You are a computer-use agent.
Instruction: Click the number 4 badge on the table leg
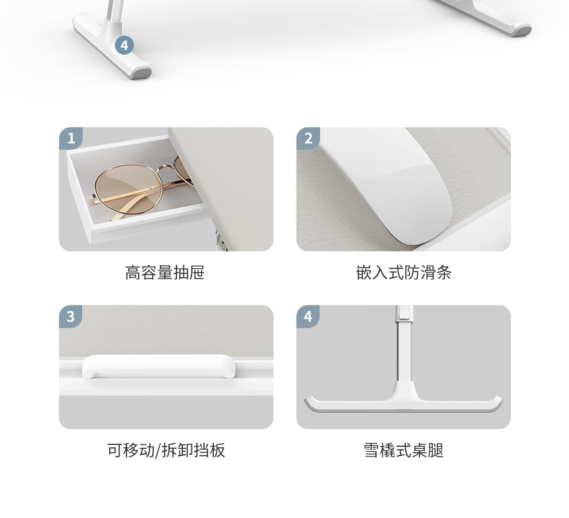click(x=124, y=45)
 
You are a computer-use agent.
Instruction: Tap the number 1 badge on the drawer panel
click(x=71, y=138)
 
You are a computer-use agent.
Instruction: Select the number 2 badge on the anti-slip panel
click(x=308, y=138)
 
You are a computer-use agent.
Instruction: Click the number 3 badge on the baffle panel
click(x=71, y=316)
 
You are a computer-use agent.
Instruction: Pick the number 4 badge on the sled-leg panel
click(x=308, y=316)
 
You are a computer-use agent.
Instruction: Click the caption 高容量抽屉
click(x=165, y=272)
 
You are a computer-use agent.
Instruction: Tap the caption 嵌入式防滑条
click(x=403, y=272)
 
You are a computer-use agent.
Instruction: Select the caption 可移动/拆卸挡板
click(x=166, y=450)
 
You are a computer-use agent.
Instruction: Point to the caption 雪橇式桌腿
click(x=403, y=450)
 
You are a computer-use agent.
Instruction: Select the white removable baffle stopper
click(x=159, y=367)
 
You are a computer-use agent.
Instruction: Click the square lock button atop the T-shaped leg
click(x=404, y=312)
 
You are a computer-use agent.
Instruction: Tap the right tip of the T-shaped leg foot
click(x=502, y=399)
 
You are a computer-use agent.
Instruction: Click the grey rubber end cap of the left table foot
click(x=141, y=71)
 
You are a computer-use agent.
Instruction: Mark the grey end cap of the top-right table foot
click(x=521, y=31)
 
